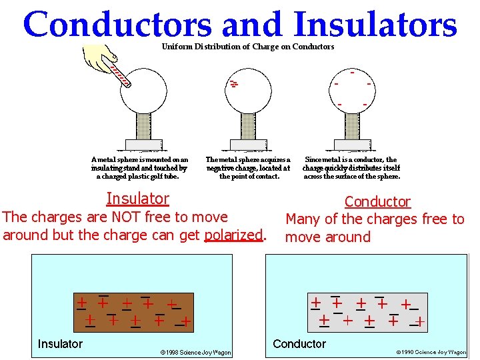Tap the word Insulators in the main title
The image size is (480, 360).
[375, 25]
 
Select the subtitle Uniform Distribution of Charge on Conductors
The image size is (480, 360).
[248, 47]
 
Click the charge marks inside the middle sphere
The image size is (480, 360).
[233, 84]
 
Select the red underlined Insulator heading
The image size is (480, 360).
[138, 199]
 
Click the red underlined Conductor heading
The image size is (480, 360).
[377, 201]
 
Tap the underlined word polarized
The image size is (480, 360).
[233, 235]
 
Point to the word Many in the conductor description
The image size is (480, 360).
[303, 219]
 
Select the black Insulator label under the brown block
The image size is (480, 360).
[60, 344]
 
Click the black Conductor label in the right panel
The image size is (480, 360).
[299, 344]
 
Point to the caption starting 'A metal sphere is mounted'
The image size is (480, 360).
[139, 168]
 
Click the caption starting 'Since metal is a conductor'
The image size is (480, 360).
[351, 168]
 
